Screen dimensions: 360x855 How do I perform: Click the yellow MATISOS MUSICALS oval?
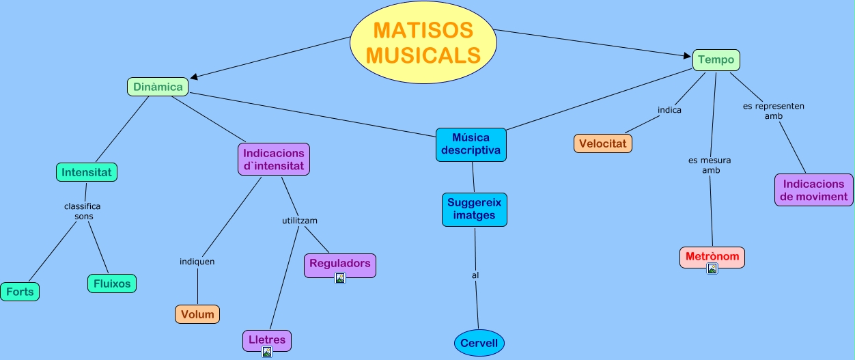423,42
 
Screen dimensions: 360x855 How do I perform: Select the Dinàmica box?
158,87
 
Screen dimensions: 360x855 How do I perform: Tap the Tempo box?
716,59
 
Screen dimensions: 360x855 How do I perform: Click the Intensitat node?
87,172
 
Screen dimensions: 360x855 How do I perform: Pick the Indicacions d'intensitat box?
274,159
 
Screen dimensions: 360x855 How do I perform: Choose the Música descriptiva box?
471,144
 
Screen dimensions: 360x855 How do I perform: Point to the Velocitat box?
603,143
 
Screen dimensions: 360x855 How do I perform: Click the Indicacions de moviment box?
813,190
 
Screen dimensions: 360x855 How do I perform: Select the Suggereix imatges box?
474,209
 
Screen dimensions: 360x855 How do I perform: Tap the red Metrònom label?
712,256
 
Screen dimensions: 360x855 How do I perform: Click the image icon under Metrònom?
712,268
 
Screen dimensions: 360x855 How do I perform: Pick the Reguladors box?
339,263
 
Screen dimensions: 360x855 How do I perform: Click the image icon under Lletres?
267,352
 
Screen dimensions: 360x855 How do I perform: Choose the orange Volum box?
197,314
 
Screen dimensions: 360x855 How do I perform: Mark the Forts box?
20,292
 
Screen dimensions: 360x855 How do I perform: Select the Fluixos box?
112,283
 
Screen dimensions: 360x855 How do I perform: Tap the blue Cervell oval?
479,343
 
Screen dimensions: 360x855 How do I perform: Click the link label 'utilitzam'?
300,221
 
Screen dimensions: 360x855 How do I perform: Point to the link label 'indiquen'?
197,262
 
